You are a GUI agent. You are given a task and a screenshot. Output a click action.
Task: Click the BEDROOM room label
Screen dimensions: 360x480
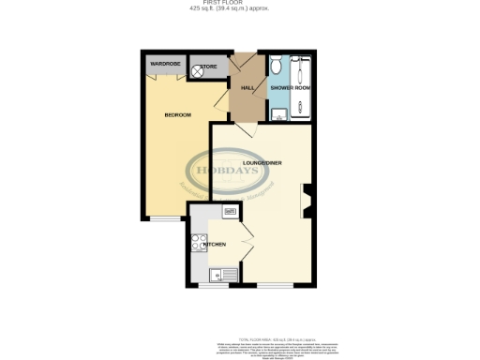click(x=177, y=115)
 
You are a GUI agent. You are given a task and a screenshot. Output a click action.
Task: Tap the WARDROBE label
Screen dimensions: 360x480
click(x=165, y=64)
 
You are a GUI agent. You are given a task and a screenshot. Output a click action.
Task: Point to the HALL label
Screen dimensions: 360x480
click(x=248, y=88)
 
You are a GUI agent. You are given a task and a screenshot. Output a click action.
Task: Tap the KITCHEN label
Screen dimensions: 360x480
click(x=216, y=244)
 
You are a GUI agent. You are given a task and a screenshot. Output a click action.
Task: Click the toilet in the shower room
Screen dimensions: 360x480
click(x=277, y=67)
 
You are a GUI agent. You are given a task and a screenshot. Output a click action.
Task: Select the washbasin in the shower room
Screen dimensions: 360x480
click(x=277, y=115)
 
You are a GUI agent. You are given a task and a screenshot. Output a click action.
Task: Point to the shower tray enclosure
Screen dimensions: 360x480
click(x=305, y=89)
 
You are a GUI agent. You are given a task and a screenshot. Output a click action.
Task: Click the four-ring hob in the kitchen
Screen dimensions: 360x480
click(x=199, y=243)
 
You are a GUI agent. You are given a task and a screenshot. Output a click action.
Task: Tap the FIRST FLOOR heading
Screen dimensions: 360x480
click(x=240, y=4)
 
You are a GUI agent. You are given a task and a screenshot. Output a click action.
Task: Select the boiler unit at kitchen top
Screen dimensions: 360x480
click(x=229, y=214)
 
